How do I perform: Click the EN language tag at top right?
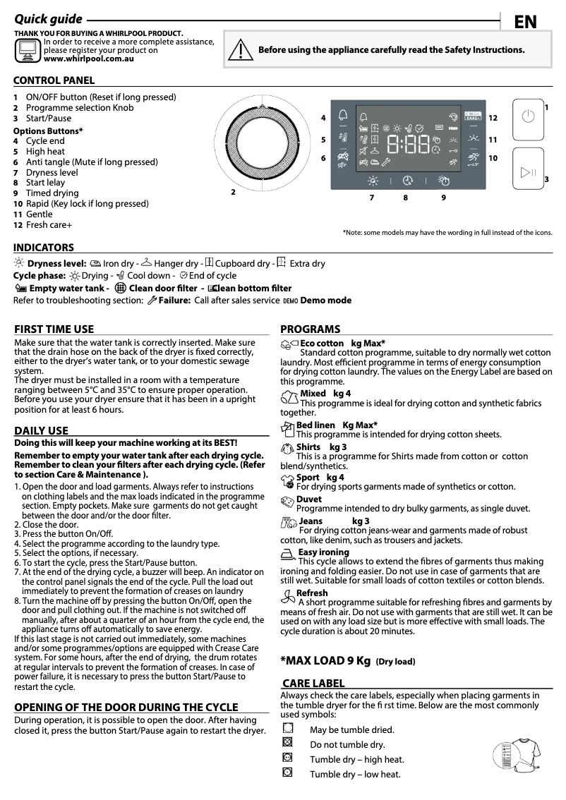tap(525, 22)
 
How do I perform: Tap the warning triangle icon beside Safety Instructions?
tap(241, 50)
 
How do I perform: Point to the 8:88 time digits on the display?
tap(408, 146)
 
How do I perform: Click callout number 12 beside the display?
tap(493, 119)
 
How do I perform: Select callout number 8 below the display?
tap(406, 198)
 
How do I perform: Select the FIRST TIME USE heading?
tap(54, 329)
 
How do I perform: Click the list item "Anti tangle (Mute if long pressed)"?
tap(92, 162)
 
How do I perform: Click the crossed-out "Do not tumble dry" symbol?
tap(287, 743)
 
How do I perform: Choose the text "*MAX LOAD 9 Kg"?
tap(325, 661)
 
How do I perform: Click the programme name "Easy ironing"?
tap(323, 552)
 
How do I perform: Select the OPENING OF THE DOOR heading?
tap(126, 707)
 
